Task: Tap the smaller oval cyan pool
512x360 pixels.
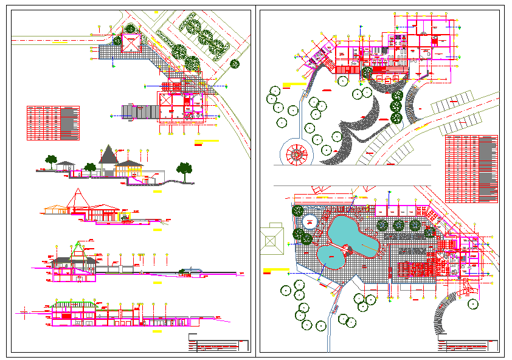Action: coord(332,257)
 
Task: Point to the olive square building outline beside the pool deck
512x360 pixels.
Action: coord(272,238)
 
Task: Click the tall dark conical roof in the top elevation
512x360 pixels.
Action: coord(109,154)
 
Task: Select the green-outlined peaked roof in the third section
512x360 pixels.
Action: coord(78,249)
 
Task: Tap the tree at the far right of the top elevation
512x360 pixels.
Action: coord(184,168)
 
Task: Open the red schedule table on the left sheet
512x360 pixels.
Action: coord(53,123)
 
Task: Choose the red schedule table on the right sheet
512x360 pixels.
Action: coord(471,168)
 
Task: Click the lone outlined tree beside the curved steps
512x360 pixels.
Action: coord(473,303)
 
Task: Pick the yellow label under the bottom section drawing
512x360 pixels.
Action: coord(157,333)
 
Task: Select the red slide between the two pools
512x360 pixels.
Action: coord(348,250)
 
